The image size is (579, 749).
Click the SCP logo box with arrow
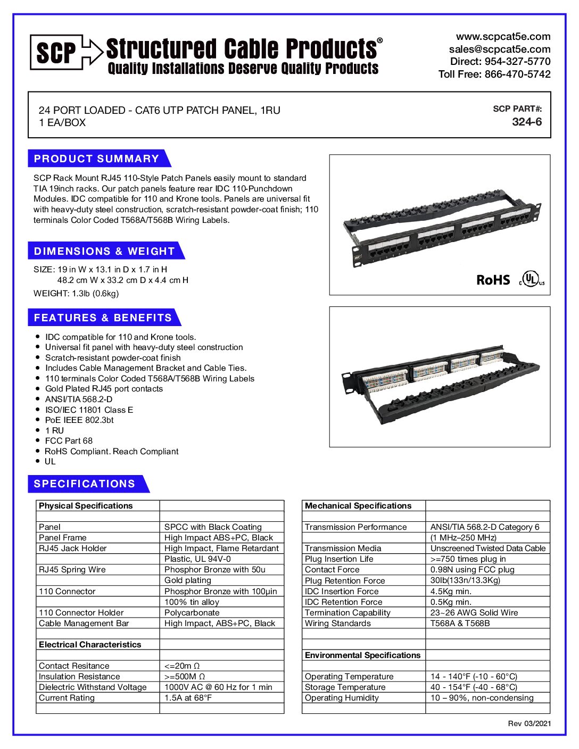tap(65, 52)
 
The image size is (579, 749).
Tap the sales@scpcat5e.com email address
tap(499, 49)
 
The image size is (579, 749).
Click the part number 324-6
tap(526, 122)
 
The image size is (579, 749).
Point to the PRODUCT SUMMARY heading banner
tap(97, 159)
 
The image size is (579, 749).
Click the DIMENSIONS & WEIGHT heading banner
tap(104, 251)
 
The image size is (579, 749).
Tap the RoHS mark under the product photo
tap(493, 280)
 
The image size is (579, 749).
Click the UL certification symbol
tap(531, 278)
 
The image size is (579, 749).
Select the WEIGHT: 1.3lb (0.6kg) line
tap(76, 294)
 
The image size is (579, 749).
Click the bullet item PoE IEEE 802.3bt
tap(79, 420)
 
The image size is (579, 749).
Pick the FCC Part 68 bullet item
tap(69, 441)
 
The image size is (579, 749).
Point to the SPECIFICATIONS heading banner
tap(85, 484)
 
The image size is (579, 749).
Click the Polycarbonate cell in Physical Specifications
tap(192, 613)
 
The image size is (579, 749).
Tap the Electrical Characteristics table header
tap(90, 645)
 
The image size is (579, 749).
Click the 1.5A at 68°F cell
tap(188, 698)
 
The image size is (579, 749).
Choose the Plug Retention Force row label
tap(344, 581)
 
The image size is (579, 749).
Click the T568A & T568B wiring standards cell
tap(460, 623)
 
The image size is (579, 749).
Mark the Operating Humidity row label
tap(342, 698)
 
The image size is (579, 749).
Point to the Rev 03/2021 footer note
tap(529, 723)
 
